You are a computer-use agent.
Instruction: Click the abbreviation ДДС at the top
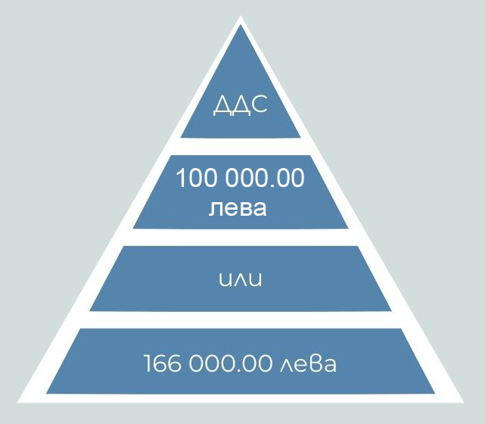coord(241,105)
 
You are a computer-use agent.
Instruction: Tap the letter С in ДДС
coord(260,104)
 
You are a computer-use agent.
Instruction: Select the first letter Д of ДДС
coord(222,105)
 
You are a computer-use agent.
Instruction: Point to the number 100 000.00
coord(240,178)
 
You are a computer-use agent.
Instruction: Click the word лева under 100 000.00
coord(238,208)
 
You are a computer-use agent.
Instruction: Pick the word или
coord(241,279)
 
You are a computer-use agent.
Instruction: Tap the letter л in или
coord(241,279)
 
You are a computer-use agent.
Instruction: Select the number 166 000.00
coord(208,363)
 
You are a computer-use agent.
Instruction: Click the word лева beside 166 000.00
coord(308,363)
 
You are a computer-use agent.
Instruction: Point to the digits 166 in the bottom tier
coord(163,363)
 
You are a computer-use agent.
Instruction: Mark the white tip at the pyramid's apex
coord(241,16)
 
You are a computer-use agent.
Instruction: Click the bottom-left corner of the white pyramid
coord(17,402)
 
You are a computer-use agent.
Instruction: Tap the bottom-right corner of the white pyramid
coord(464,402)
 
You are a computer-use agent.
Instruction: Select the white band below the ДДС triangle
coord(241,147)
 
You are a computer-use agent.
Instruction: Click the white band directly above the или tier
coord(241,238)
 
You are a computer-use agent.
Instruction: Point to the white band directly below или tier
coord(241,320)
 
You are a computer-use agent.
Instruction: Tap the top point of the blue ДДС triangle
coord(241,26)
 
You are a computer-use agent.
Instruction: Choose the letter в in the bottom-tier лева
coord(317,364)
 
